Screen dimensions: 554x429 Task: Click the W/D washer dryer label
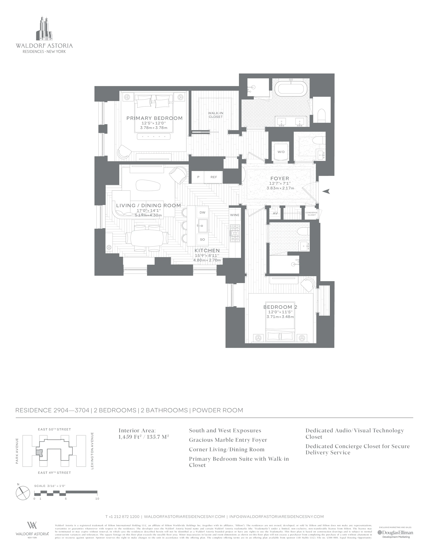(x=281, y=152)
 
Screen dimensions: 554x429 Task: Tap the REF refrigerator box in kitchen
(x=213, y=177)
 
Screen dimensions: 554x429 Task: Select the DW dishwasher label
(x=202, y=213)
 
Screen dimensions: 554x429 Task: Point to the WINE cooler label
(x=235, y=215)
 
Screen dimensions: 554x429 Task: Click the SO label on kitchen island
(x=202, y=239)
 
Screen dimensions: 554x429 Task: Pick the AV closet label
(x=275, y=213)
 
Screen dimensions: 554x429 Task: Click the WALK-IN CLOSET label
(x=216, y=115)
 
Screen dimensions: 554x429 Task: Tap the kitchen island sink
(x=203, y=225)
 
